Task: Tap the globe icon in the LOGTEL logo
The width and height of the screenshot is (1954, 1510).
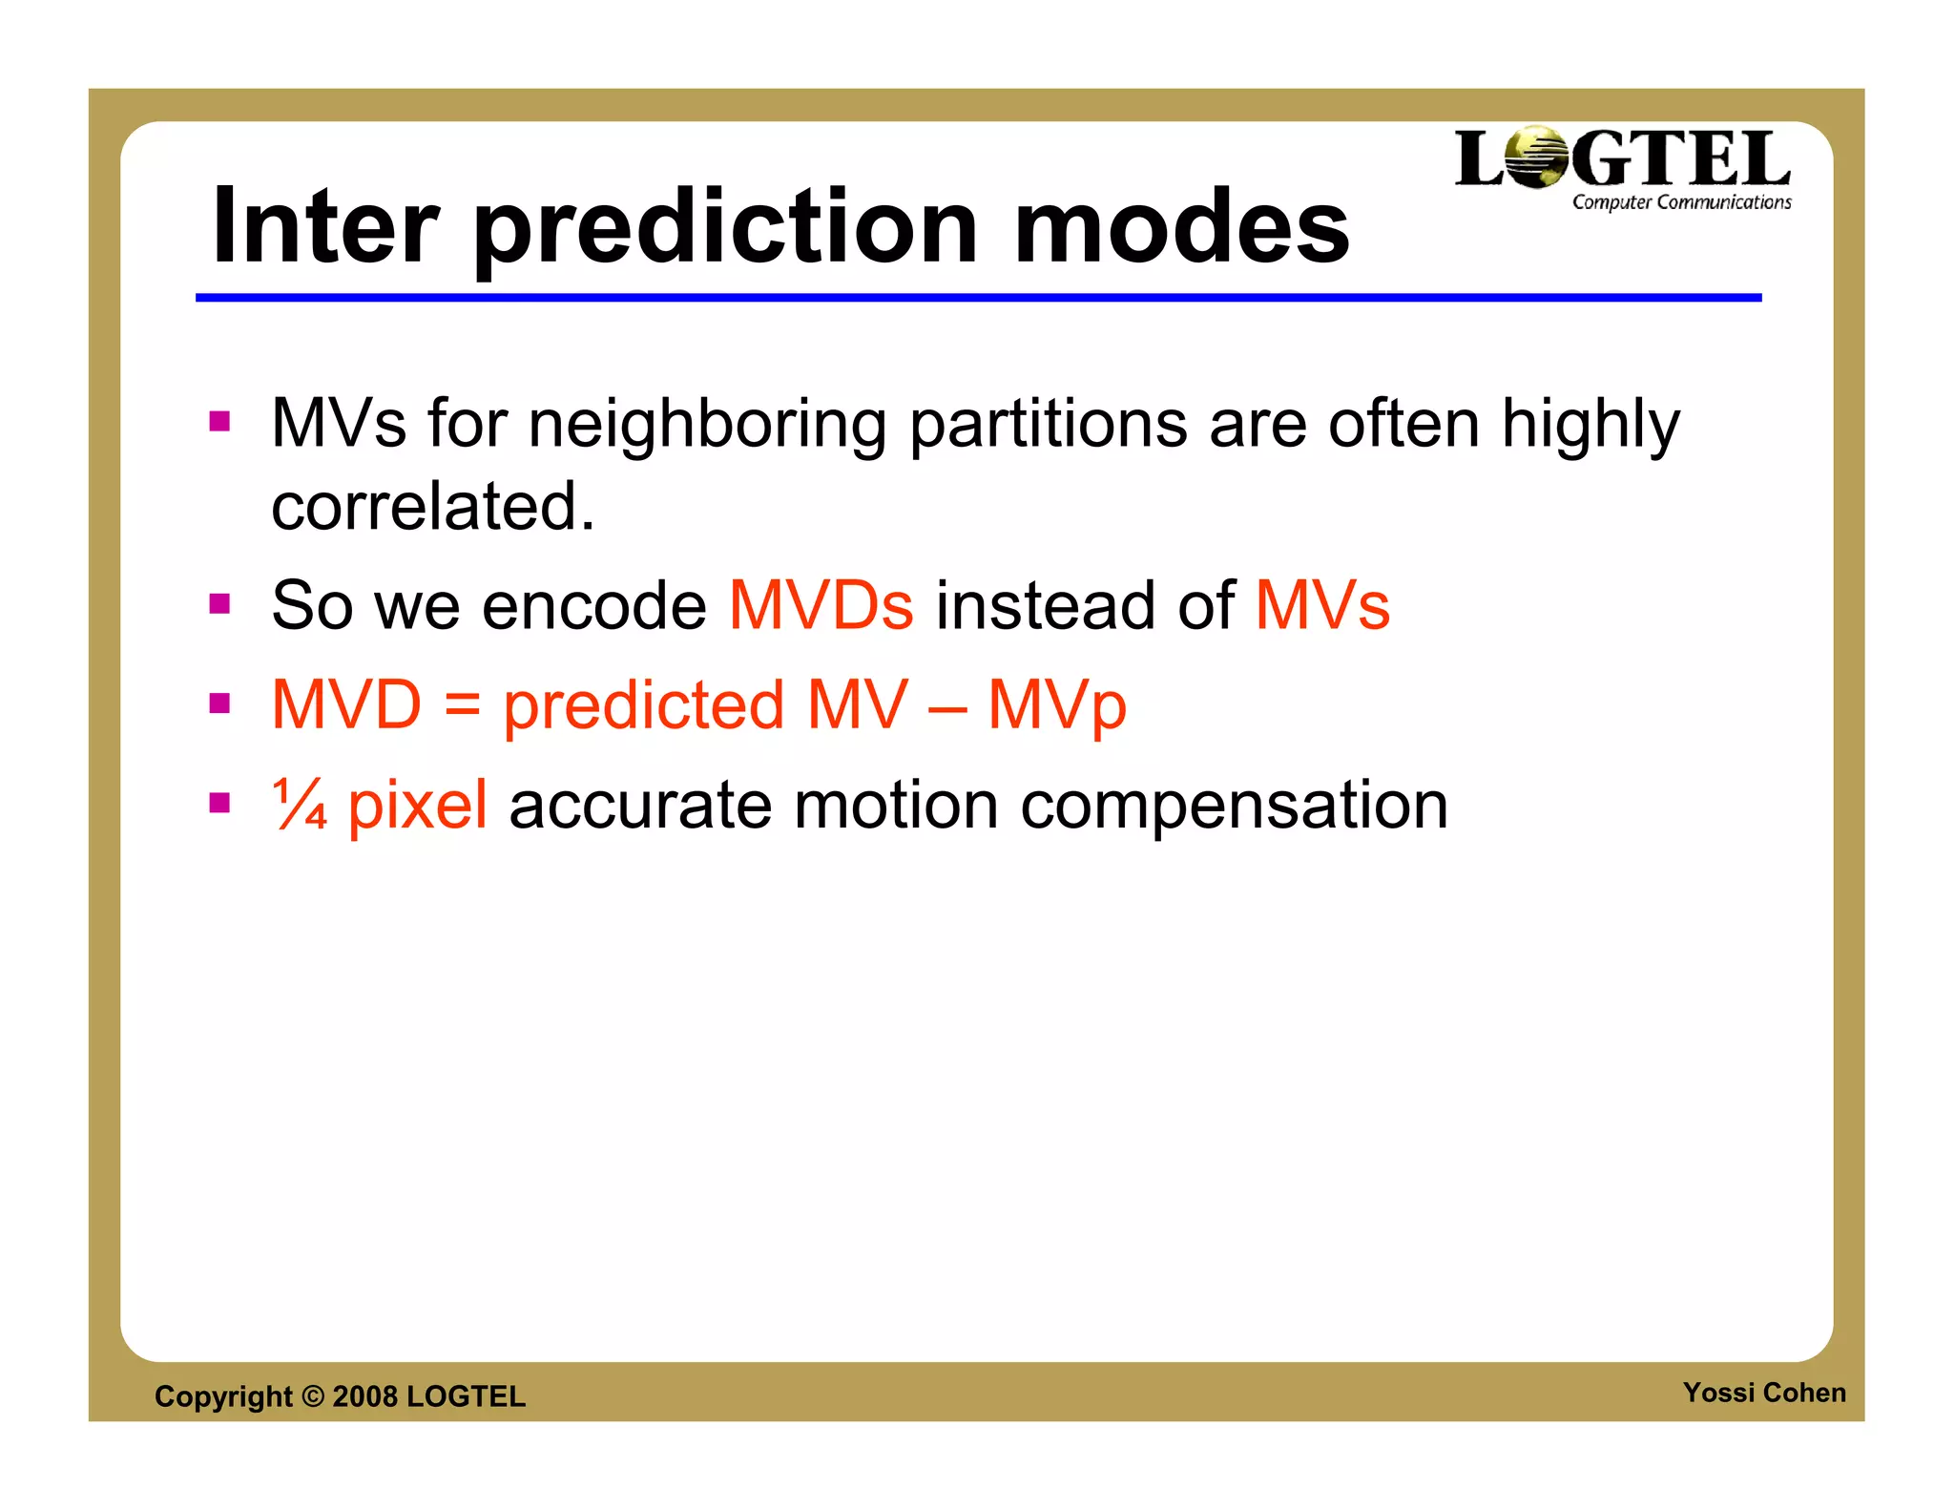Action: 1536,157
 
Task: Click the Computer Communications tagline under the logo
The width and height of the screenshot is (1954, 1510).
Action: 1681,202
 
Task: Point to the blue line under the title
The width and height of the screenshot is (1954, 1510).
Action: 978,298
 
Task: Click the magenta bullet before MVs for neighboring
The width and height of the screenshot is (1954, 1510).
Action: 220,421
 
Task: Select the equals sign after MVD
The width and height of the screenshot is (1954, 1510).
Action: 462,706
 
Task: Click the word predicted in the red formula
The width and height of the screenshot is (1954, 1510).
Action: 643,706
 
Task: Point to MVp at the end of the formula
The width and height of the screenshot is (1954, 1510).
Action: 1056,706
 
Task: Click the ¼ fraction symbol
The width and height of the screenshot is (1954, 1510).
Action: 300,804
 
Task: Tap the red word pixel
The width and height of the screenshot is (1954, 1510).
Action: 417,805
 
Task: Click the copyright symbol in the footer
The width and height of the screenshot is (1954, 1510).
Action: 313,1396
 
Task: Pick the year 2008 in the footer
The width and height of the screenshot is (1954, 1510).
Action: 364,1396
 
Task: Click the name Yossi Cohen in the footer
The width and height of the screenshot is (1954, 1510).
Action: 1763,1393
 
